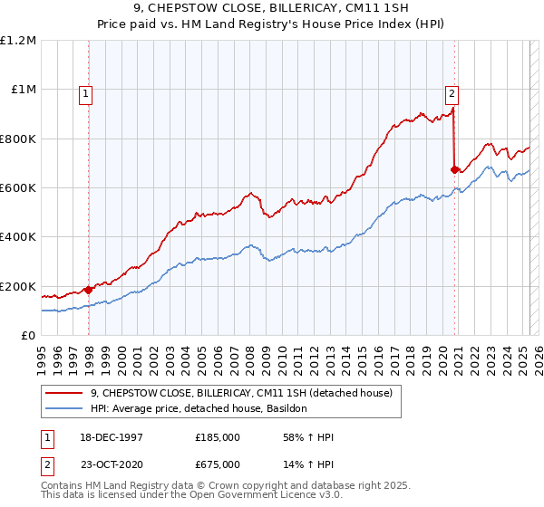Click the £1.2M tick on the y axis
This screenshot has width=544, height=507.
(18, 40)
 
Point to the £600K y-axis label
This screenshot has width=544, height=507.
(18, 187)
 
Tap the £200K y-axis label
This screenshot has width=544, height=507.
(18, 286)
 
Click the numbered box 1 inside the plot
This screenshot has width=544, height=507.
(85, 91)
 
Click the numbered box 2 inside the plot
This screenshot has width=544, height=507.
(451, 91)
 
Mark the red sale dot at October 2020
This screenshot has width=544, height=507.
(454, 168)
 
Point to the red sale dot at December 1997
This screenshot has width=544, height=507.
(89, 290)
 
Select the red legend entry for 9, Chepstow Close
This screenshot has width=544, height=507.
(240, 393)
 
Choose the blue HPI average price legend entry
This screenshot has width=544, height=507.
(199, 409)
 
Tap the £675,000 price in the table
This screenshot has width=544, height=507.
(218, 464)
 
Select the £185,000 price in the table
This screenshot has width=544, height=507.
(218, 437)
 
